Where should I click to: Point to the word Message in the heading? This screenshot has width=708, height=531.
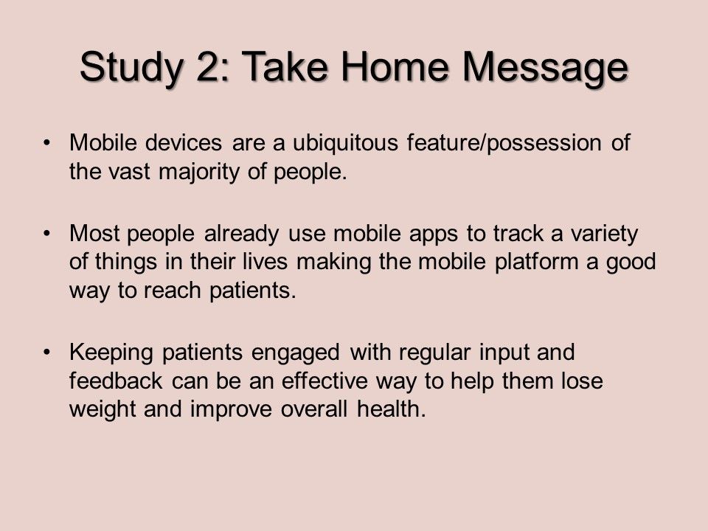click(x=544, y=67)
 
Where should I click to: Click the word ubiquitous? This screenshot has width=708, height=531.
click(x=345, y=142)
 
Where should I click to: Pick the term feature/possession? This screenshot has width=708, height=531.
click(x=504, y=142)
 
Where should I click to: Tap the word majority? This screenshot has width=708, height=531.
click(x=198, y=172)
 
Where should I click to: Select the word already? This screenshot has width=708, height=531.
click(x=242, y=234)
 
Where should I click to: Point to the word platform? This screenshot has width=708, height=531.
click(x=536, y=262)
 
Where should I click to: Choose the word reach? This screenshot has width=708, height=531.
click(x=172, y=290)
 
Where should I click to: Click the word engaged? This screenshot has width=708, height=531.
click(x=295, y=353)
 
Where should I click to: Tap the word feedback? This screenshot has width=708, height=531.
click(x=116, y=381)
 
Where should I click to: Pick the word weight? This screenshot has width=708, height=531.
click(x=103, y=409)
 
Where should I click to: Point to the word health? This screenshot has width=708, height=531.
click(x=391, y=409)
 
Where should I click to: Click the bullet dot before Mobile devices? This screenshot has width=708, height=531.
click(x=46, y=143)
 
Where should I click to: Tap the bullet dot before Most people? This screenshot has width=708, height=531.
click(x=46, y=234)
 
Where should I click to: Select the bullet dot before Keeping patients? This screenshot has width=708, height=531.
click(x=46, y=353)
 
